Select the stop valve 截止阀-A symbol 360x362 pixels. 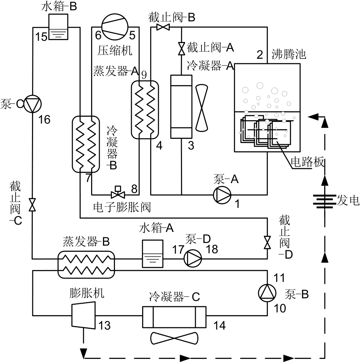tap(181, 48)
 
